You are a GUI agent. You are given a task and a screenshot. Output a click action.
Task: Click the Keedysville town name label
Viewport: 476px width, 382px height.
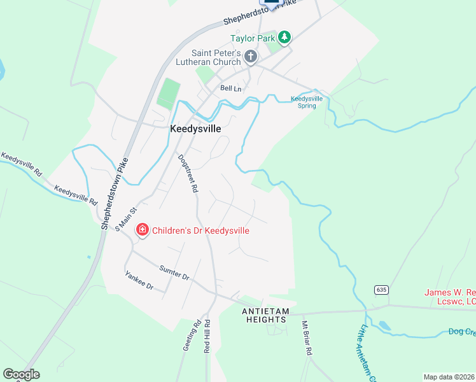(195, 128)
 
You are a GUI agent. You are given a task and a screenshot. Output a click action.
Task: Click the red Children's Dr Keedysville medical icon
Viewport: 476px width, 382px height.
(142, 230)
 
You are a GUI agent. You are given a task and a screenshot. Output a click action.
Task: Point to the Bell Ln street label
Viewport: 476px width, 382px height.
(230, 88)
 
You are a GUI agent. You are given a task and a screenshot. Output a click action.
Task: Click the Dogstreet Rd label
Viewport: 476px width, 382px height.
(188, 173)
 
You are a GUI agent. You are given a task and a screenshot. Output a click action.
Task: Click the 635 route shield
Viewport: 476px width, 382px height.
(381, 290)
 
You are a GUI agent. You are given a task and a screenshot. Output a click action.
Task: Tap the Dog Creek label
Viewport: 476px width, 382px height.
(461, 332)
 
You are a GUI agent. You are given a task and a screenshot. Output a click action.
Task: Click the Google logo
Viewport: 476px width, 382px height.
(21, 374)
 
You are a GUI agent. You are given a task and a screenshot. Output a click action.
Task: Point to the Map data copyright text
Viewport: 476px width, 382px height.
(449, 377)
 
